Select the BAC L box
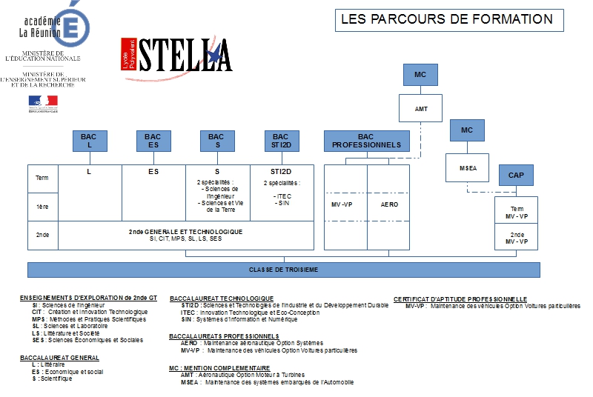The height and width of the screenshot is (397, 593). [x=89, y=141]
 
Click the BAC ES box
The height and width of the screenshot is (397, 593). [x=153, y=141]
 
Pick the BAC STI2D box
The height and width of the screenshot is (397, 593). [x=280, y=141]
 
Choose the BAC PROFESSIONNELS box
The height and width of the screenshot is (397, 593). [x=366, y=141]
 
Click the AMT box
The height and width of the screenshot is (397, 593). [x=421, y=109]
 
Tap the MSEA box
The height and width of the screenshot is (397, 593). [x=466, y=167]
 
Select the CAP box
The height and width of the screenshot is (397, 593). [x=515, y=176]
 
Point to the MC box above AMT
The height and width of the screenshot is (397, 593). [x=420, y=75]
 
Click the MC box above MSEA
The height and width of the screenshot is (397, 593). [x=466, y=130]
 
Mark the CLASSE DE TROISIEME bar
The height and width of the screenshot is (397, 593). [x=284, y=270]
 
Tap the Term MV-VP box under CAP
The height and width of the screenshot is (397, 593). [x=517, y=213]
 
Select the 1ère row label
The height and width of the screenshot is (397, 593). [x=42, y=207]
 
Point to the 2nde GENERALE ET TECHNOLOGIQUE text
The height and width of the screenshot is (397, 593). [x=185, y=232]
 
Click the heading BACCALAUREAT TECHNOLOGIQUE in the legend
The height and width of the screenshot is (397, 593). [x=222, y=298]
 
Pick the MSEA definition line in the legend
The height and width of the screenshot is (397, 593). [x=267, y=382]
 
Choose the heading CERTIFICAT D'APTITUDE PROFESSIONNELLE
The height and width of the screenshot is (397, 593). [x=460, y=298]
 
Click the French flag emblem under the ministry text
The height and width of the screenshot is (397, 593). [x=42, y=101]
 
